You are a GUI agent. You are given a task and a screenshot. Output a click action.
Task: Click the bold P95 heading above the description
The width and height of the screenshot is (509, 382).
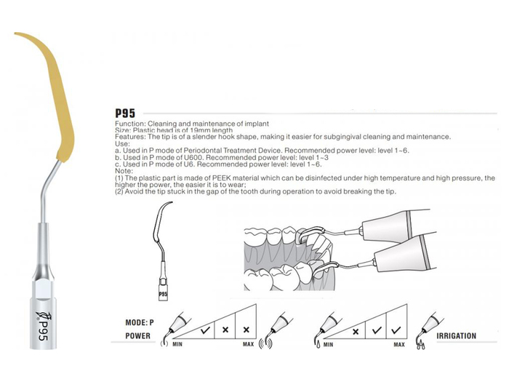[x=125, y=113]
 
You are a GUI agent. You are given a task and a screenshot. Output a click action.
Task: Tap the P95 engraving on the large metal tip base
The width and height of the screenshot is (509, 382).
[x=43, y=330]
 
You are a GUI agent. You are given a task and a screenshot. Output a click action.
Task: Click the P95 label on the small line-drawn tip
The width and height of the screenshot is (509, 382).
[x=163, y=294]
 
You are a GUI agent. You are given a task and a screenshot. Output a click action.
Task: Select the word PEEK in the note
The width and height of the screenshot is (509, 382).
[x=221, y=178]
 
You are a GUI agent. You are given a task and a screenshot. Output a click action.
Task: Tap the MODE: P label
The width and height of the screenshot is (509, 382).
[x=140, y=322]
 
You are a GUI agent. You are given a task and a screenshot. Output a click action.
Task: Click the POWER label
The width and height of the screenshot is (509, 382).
[x=138, y=336]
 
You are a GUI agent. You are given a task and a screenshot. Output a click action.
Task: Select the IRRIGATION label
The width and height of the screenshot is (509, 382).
[x=456, y=336]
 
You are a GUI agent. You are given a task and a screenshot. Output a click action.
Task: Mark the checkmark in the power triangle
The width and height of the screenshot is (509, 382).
[x=205, y=330]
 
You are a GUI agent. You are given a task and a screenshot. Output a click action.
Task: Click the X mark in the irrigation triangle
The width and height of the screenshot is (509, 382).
[x=356, y=332]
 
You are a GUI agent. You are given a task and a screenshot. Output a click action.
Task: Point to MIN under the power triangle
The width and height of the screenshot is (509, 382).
[x=177, y=344]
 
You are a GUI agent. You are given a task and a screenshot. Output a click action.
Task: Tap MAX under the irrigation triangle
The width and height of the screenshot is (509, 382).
[x=399, y=344]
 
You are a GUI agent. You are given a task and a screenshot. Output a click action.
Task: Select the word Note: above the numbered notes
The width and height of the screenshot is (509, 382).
[x=124, y=171]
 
